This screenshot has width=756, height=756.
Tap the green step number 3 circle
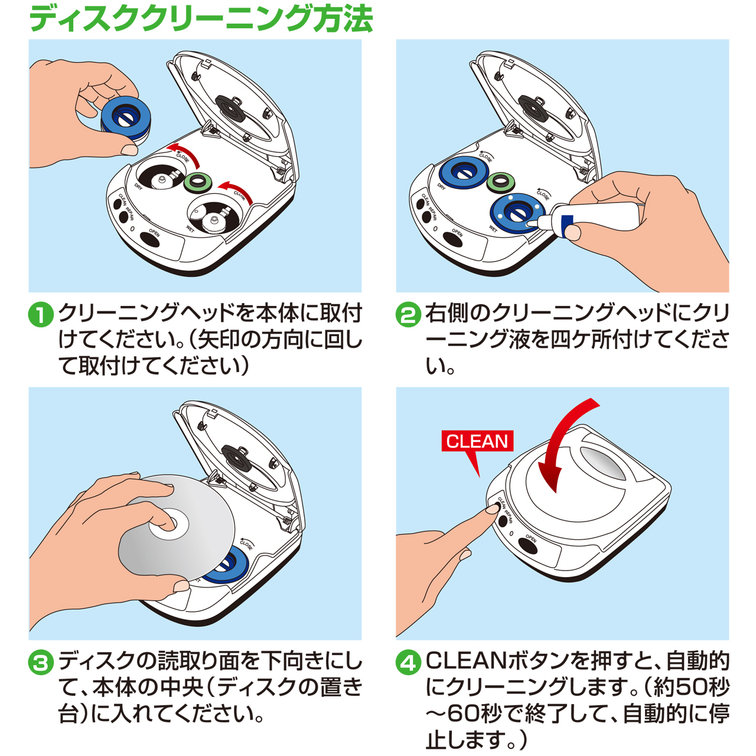pyautogui.click(x=41, y=663)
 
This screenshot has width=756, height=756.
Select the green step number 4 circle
pyautogui.click(x=408, y=663)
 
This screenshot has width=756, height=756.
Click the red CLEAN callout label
pyautogui.click(x=477, y=441)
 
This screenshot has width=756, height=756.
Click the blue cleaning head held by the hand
pyautogui.click(x=126, y=118)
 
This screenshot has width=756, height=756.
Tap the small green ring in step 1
pyautogui.click(x=198, y=182)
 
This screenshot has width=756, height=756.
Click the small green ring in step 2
pyautogui.click(x=501, y=182)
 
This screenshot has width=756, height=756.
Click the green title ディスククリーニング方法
pyautogui.click(x=201, y=18)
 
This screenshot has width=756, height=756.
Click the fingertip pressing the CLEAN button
pyautogui.click(x=493, y=509)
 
